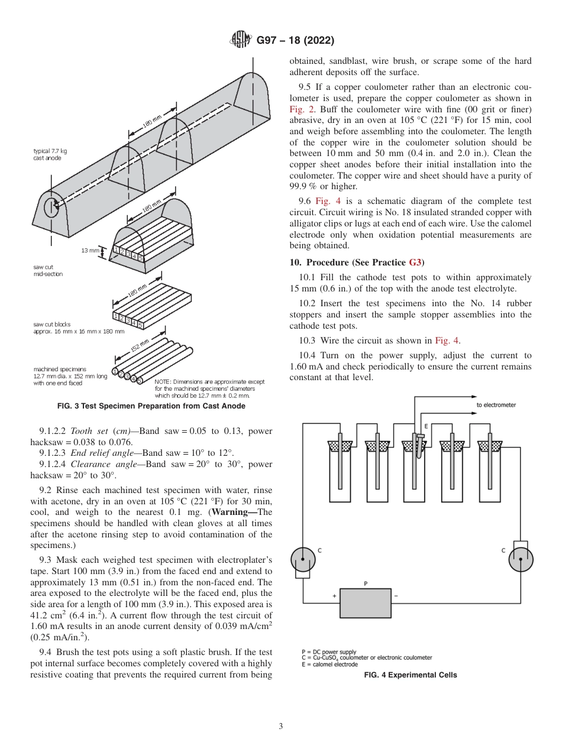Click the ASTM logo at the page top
click(x=240, y=41)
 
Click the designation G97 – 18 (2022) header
click(x=295, y=41)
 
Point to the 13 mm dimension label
click(x=90, y=251)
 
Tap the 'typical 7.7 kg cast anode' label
click(x=47, y=154)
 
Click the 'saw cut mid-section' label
click(x=48, y=271)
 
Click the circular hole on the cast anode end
click(x=51, y=208)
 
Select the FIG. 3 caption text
click(x=151, y=406)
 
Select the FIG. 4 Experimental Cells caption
click(x=411, y=675)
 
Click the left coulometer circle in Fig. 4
click(x=303, y=559)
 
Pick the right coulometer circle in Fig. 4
click(x=521, y=559)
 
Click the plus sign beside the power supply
click(x=334, y=595)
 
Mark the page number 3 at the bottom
click(x=280, y=727)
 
